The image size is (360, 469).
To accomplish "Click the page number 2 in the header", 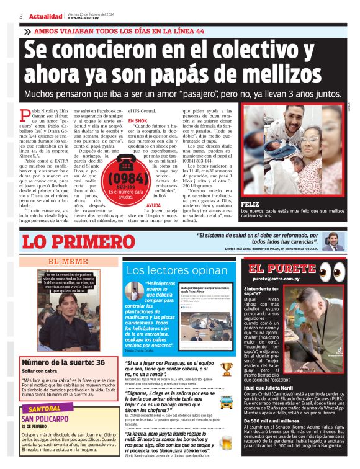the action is (21, 16).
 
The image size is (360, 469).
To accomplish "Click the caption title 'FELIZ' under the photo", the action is (250, 203).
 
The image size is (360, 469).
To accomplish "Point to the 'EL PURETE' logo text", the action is (283, 269).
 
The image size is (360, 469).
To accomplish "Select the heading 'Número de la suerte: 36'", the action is (53, 362).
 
